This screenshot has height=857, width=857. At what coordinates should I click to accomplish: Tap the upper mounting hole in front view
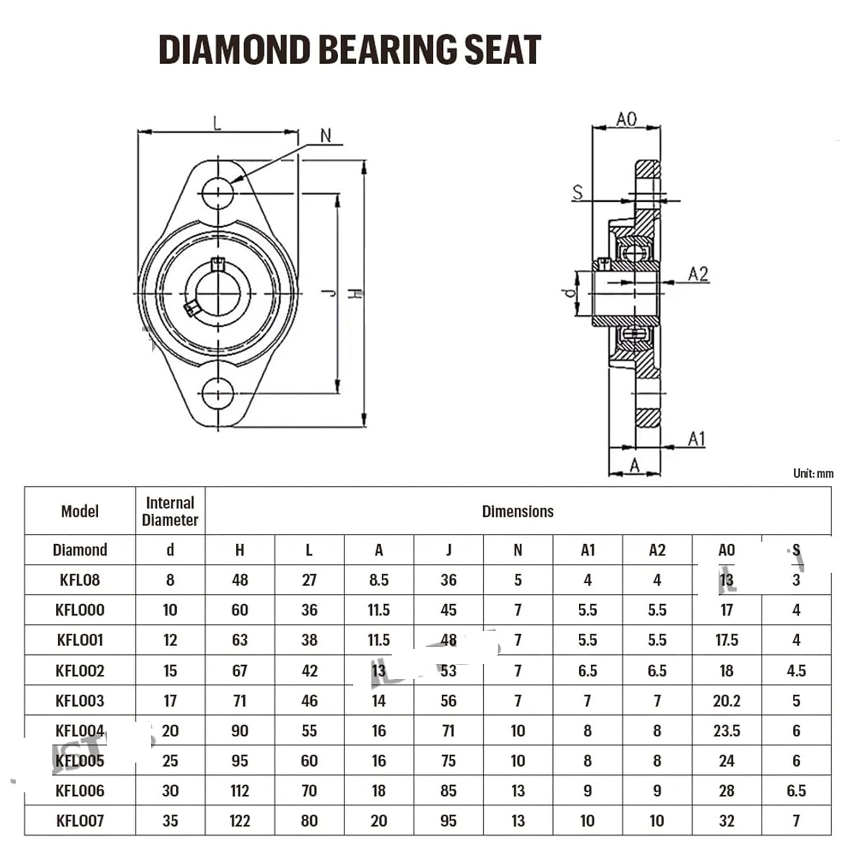point(218,193)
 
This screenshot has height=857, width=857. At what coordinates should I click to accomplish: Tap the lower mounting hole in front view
point(218,393)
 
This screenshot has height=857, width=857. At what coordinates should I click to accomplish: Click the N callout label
point(326,136)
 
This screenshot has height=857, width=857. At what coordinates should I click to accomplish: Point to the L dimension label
point(217,123)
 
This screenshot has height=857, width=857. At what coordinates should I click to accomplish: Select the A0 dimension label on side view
point(626,119)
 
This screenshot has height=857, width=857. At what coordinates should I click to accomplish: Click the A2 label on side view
point(698,274)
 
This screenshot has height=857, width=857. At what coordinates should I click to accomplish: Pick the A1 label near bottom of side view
point(696,439)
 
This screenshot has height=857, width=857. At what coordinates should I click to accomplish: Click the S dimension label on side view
point(578,193)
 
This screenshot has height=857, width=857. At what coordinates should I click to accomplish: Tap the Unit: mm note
point(813,473)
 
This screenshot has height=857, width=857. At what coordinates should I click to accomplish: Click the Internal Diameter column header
point(170,511)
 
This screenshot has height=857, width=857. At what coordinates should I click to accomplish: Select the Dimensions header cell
point(518,511)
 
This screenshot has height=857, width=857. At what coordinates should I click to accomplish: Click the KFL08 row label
point(80,580)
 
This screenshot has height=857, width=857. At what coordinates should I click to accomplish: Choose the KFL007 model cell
point(80,821)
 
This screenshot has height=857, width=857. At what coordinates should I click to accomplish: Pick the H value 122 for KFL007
point(239,821)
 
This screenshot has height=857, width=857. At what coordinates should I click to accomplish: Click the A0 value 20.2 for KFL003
point(726,700)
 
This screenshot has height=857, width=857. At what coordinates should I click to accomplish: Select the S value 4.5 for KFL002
point(796,671)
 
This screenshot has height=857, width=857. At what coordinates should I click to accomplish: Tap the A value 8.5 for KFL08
point(378,580)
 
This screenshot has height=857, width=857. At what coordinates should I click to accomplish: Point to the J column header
point(448,550)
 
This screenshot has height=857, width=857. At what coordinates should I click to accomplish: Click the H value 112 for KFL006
point(239,791)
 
